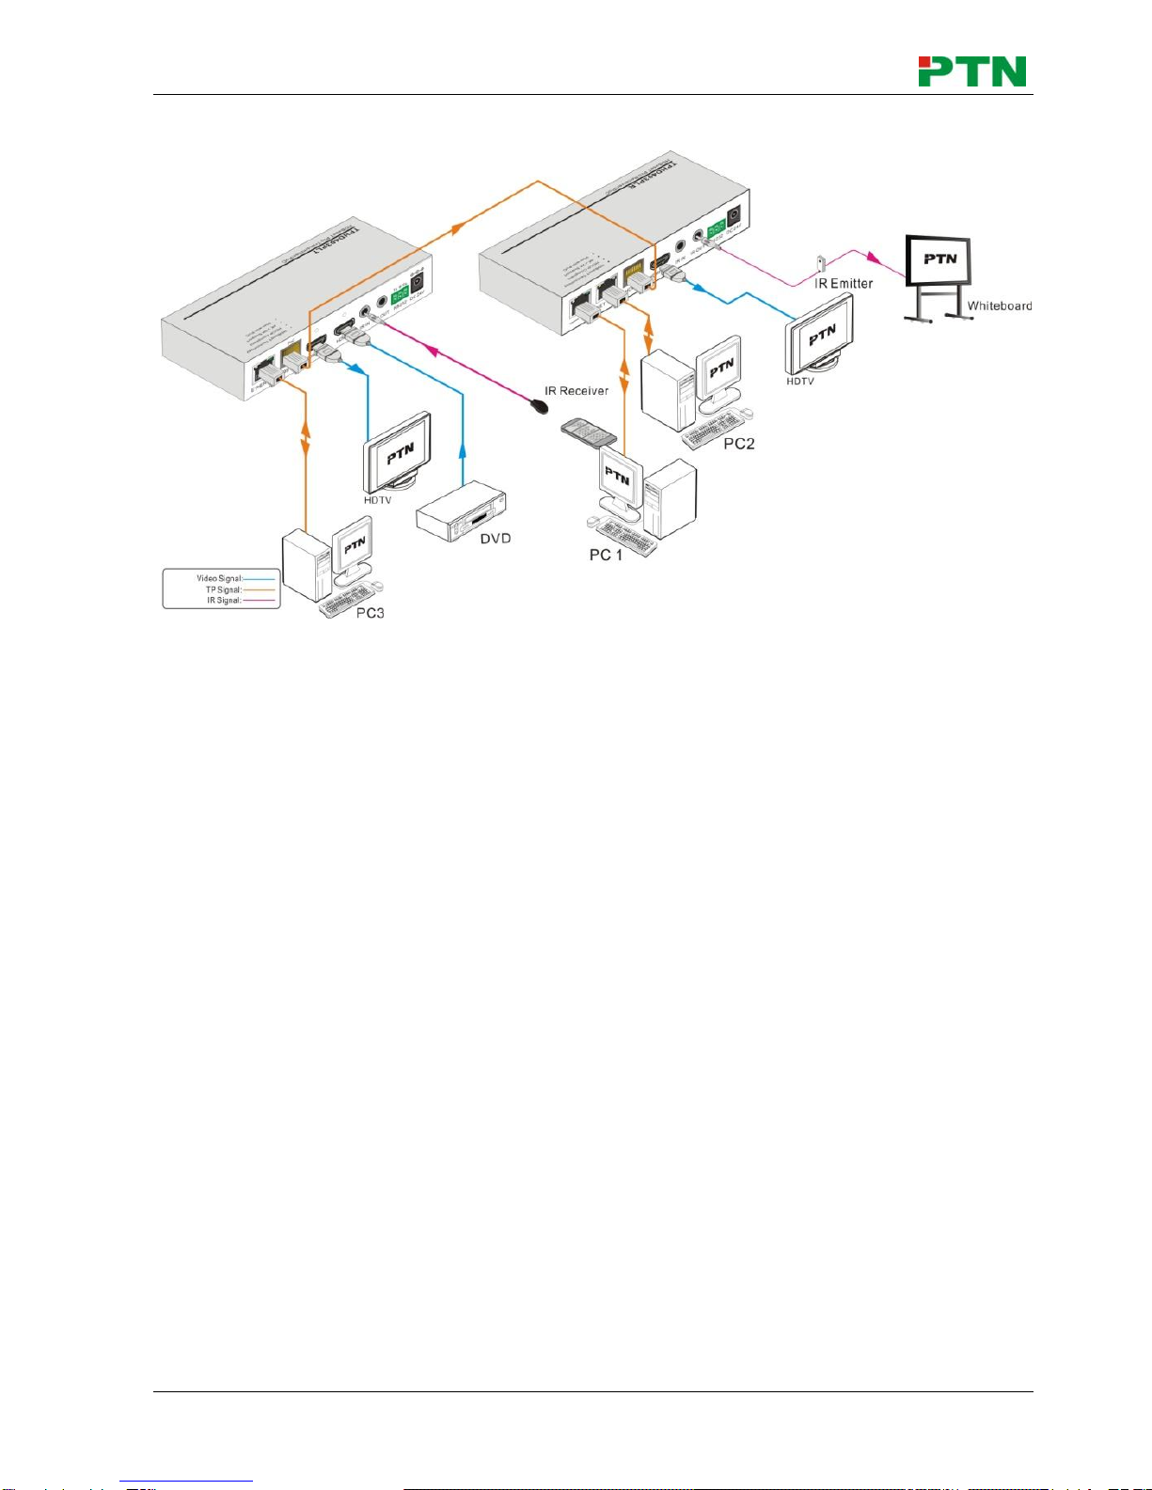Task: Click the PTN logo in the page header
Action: click(x=971, y=71)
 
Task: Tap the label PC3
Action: click(x=370, y=613)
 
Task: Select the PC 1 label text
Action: click(x=606, y=555)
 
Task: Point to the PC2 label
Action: click(x=738, y=444)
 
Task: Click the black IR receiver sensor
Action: click(x=540, y=407)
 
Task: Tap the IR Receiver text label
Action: click(x=576, y=390)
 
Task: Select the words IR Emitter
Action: click(x=844, y=283)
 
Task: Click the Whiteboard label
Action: click(x=1000, y=306)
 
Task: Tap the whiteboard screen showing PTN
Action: click(x=939, y=259)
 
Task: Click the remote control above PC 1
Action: click(x=587, y=433)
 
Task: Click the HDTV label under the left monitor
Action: click(x=377, y=500)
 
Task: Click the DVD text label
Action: click(x=496, y=539)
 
